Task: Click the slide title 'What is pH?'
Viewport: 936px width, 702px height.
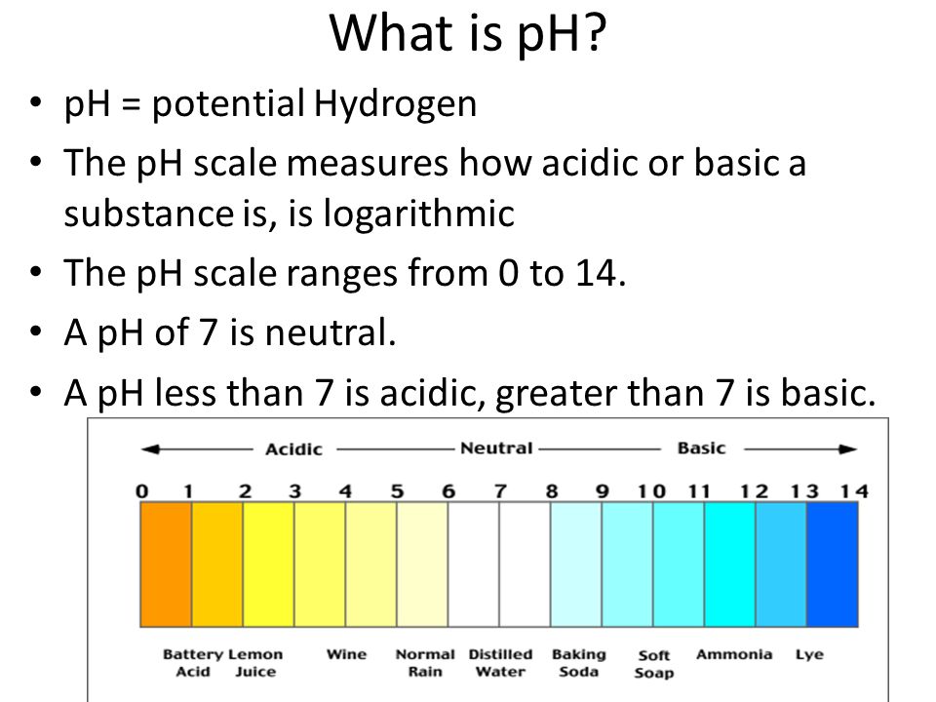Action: [x=467, y=33]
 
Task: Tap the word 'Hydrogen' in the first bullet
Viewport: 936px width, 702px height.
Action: [x=395, y=104]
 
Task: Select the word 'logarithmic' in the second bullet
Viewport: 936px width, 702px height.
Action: [x=418, y=214]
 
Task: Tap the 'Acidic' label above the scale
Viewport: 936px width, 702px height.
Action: [x=293, y=448]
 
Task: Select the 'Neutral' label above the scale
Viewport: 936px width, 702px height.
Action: [x=496, y=448]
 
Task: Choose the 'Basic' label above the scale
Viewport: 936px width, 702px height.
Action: [x=701, y=448]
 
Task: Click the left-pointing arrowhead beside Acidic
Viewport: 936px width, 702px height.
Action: [x=150, y=448]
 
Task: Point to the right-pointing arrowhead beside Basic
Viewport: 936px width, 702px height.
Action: [x=847, y=448]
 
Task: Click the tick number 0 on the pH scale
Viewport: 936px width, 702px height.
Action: [x=141, y=491]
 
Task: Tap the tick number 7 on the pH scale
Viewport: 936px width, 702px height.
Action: [x=500, y=491]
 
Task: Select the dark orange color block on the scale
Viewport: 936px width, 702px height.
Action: [x=166, y=565]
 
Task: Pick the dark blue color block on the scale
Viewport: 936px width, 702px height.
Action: [x=832, y=565]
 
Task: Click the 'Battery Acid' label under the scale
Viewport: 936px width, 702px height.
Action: [x=193, y=663]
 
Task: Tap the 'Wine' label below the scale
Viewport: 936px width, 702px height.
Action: [x=346, y=654]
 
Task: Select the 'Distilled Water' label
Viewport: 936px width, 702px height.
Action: [x=500, y=663]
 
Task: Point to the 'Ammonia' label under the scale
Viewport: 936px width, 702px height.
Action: [x=734, y=654]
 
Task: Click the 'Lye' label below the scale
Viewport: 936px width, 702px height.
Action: [x=809, y=655]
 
